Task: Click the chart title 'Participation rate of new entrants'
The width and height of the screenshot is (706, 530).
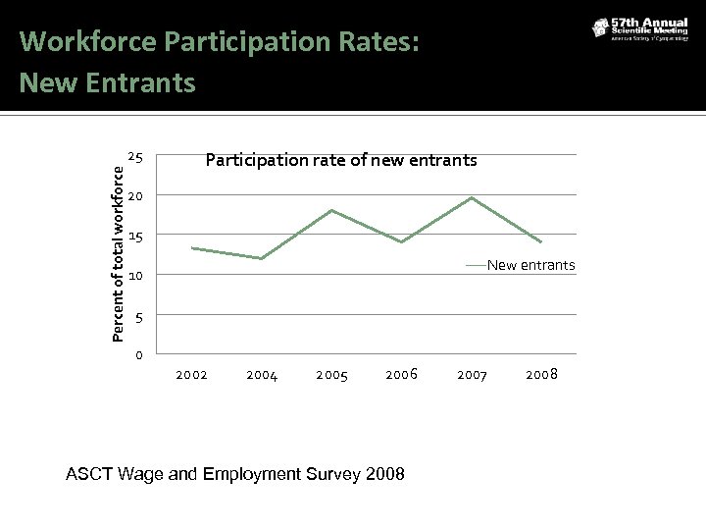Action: (x=340, y=159)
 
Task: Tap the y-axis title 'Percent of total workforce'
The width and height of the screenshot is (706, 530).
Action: (x=118, y=252)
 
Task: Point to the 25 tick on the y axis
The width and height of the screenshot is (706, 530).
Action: (x=137, y=158)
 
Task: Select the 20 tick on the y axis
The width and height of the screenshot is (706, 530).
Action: (x=137, y=197)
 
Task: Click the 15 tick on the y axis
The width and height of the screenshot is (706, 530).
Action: (x=137, y=237)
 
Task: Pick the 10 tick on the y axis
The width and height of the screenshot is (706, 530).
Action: (x=137, y=277)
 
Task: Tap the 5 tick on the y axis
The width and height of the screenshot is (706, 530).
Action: (x=140, y=316)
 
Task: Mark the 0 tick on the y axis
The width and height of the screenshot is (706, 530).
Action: (x=140, y=355)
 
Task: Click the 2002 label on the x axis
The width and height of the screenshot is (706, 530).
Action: (x=191, y=375)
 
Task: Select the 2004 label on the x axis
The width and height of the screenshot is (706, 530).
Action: (x=262, y=375)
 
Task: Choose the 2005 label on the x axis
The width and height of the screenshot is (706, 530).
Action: (x=331, y=375)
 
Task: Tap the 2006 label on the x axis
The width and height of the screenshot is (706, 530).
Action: (x=402, y=374)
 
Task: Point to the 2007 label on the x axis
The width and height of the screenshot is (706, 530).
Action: (x=473, y=375)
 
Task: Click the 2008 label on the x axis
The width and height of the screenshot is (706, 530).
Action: (x=542, y=374)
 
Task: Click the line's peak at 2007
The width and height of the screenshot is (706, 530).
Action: (x=473, y=198)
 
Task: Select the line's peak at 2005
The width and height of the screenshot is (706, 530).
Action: (x=331, y=210)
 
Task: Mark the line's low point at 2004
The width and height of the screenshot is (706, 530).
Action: (x=262, y=258)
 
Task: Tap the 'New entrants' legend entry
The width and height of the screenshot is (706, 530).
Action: (x=530, y=266)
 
